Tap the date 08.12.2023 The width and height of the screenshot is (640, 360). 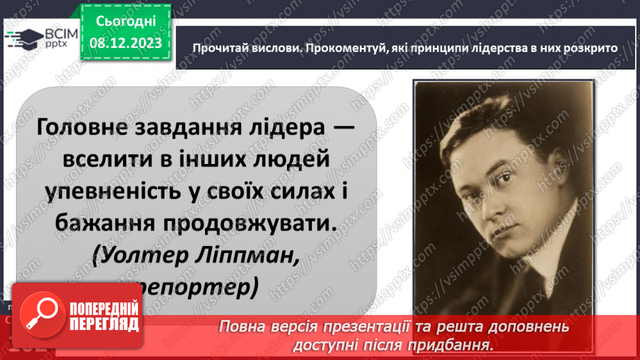click(125, 42)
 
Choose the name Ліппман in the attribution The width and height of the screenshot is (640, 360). click(247, 256)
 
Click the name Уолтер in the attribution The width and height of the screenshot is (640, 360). click(140, 256)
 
